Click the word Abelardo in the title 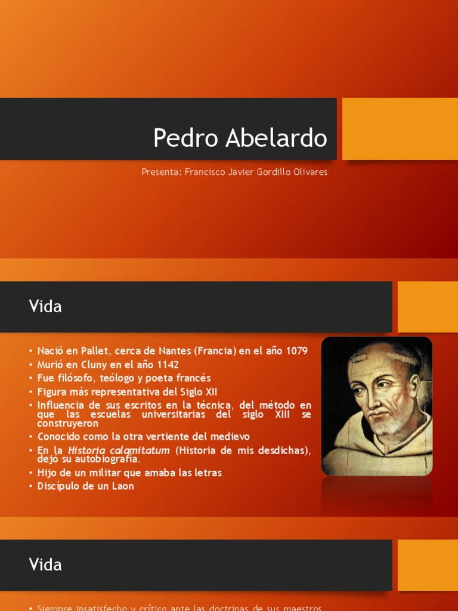[277, 138]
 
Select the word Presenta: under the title [161, 172]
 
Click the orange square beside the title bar [400, 129]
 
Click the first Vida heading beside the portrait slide [45, 307]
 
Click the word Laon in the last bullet [122, 486]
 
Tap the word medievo [230, 437]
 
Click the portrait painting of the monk [376, 406]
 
